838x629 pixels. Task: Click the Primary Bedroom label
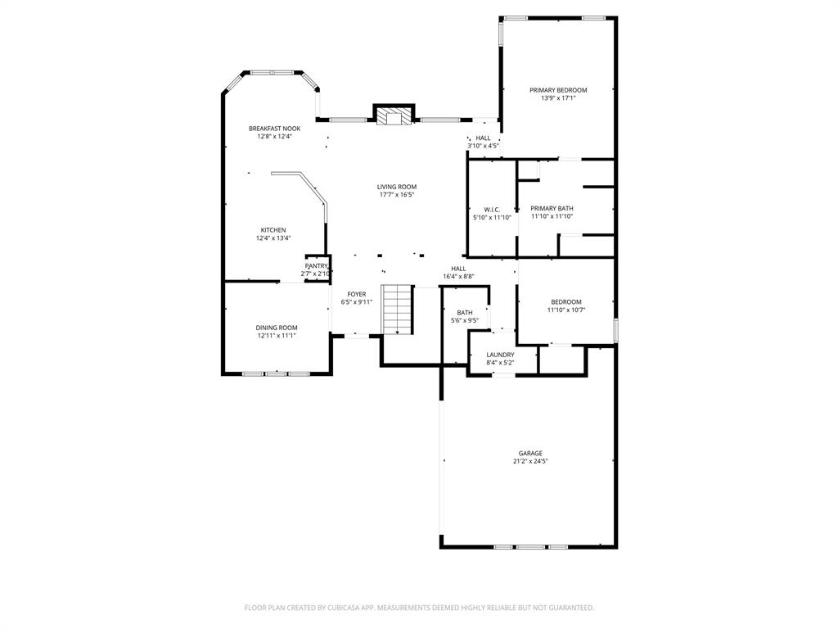(x=558, y=90)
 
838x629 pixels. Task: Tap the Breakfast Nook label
(x=275, y=129)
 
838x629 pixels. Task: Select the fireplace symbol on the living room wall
(x=394, y=117)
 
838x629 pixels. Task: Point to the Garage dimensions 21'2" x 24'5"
(x=530, y=461)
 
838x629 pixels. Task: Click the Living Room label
(x=397, y=187)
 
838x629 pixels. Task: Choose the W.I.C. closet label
(x=492, y=210)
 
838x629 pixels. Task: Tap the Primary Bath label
(x=552, y=209)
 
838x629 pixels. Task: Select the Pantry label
(x=316, y=266)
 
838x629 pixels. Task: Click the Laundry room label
(x=500, y=355)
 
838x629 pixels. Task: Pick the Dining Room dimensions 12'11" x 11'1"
(x=277, y=335)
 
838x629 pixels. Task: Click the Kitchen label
(x=273, y=230)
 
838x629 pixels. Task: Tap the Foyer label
(x=357, y=294)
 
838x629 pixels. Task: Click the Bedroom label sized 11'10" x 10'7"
(x=566, y=302)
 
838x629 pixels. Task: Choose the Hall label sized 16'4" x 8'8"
(x=458, y=269)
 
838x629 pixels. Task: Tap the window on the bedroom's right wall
(x=615, y=328)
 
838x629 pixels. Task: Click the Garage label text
(x=530, y=453)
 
